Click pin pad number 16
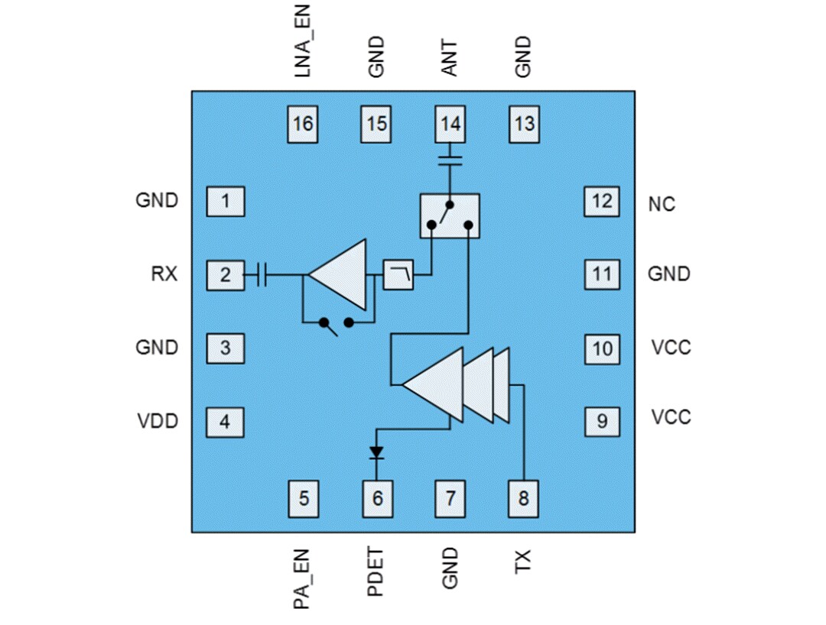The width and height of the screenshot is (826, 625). [304, 124]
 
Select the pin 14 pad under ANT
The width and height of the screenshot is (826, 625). [450, 124]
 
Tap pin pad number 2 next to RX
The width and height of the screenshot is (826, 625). [225, 275]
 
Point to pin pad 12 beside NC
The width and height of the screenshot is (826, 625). [603, 202]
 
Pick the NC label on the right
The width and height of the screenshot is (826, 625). [661, 205]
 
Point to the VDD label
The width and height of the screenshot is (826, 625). [158, 420]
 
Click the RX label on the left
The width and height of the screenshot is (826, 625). [164, 274]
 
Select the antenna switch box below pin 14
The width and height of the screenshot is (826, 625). [450, 215]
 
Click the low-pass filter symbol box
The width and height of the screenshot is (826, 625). [398, 275]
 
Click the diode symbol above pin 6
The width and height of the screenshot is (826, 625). [376, 453]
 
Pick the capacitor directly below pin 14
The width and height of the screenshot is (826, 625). [450, 161]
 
